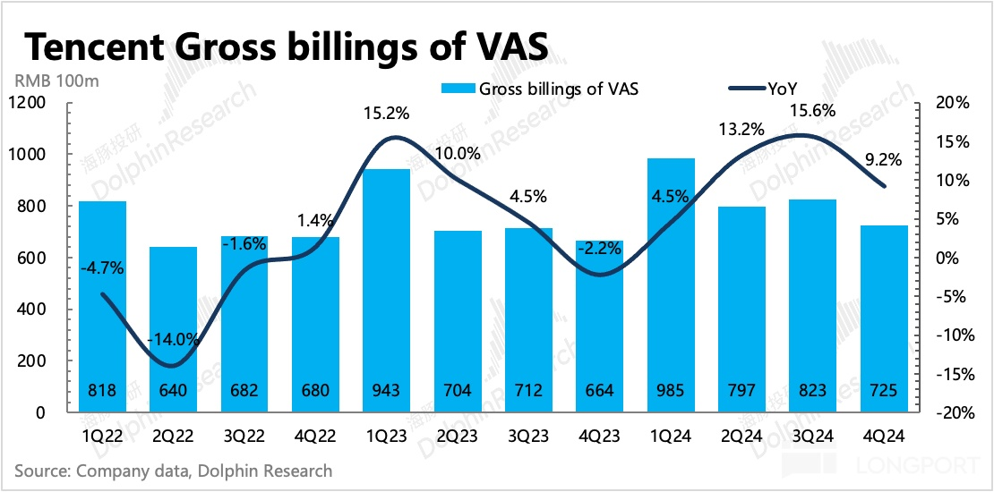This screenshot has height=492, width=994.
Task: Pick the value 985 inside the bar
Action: coord(672,391)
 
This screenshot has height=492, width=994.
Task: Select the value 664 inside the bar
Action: coord(601,391)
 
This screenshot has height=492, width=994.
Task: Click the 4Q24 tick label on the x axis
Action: coord(885,437)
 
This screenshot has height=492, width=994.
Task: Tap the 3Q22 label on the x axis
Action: coord(244,437)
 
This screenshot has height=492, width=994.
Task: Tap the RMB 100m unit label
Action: coord(56,81)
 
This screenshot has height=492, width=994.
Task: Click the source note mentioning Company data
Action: coord(174,471)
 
